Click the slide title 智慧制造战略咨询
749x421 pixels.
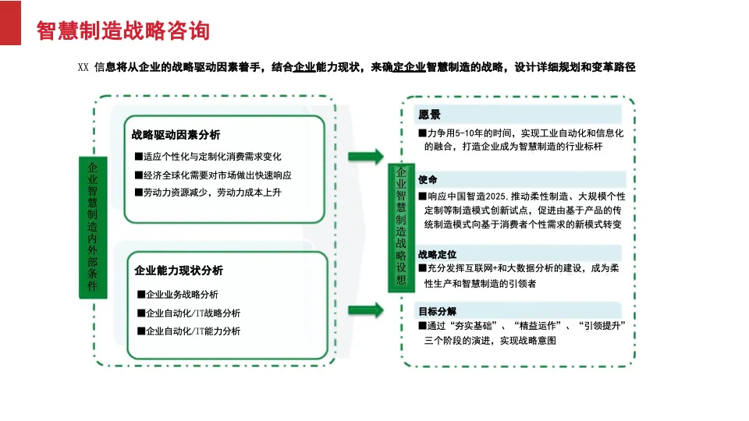[123, 30]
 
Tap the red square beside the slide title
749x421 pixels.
[10, 23]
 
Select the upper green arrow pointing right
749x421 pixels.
[366, 156]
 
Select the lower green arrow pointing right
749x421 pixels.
[366, 310]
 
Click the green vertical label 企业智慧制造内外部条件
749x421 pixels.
[93, 227]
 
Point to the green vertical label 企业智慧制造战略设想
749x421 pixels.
[401, 227]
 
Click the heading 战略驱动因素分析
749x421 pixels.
[176, 135]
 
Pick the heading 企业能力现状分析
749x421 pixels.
[179, 271]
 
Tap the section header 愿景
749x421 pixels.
[429, 115]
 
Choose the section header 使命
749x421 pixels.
[428, 179]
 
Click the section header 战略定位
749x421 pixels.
[437, 254]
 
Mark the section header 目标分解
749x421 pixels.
[437, 311]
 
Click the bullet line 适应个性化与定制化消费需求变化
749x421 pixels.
[208, 157]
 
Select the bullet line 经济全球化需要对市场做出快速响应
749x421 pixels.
[213, 175]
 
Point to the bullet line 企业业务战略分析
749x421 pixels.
[178, 295]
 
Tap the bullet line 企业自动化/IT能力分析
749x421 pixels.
[189, 331]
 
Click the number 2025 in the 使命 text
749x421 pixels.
[495, 196]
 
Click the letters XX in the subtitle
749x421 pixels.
[83, 67]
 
